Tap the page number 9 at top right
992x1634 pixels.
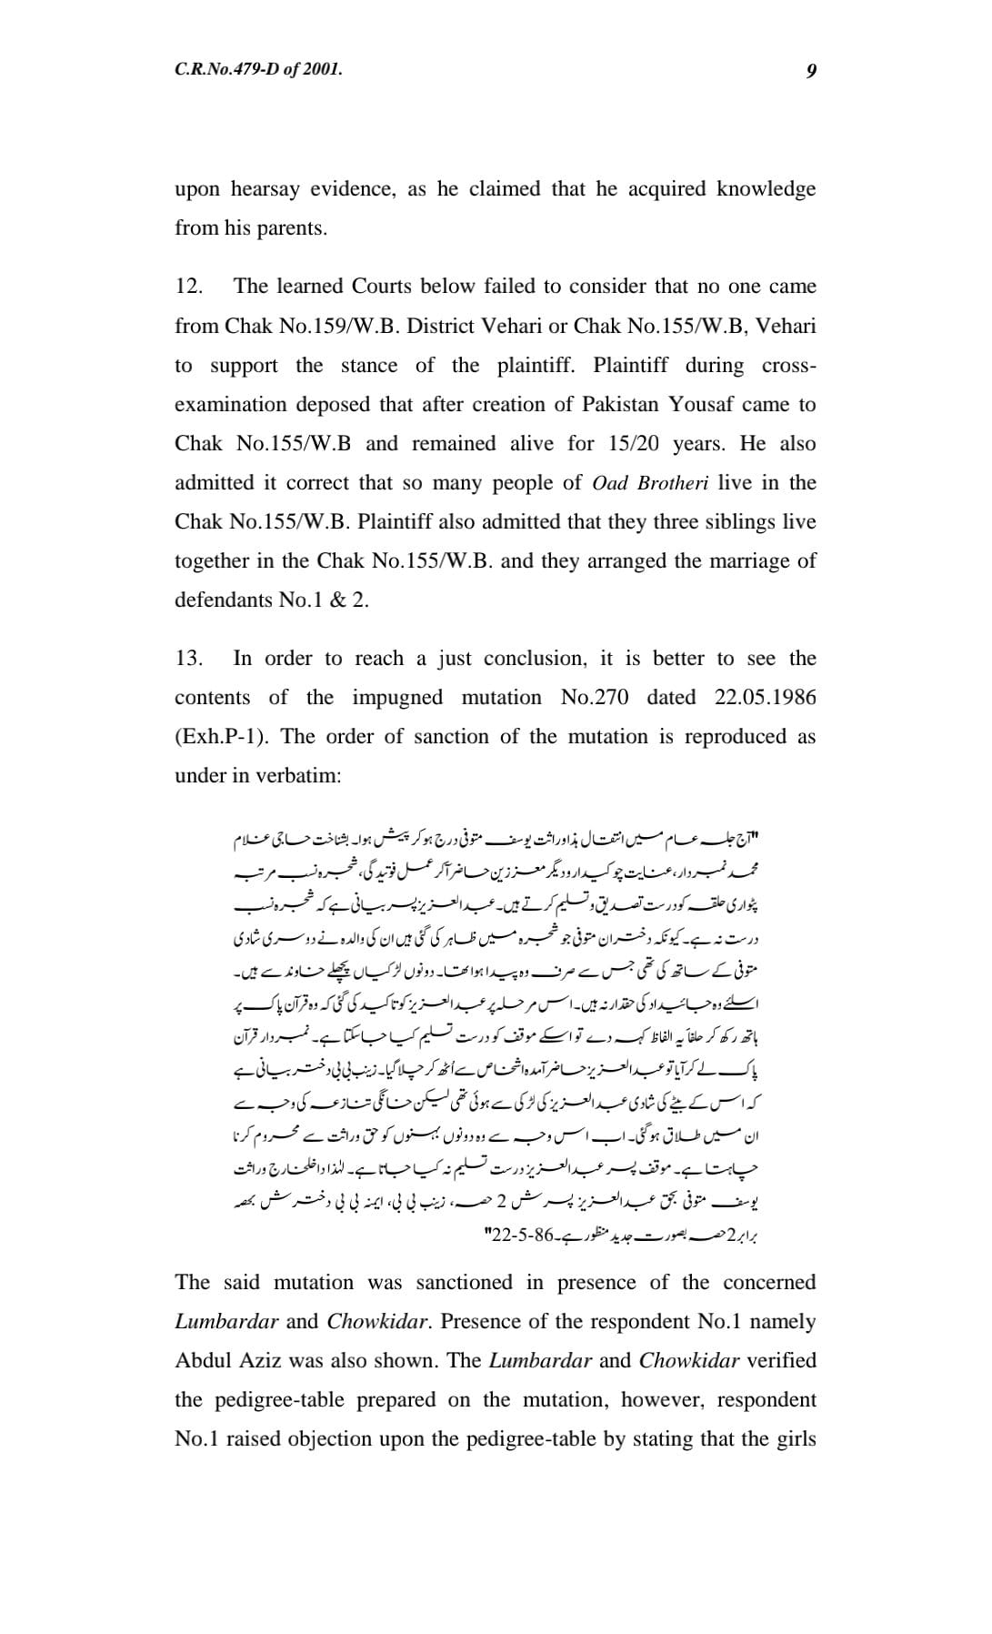(x=810, y=70)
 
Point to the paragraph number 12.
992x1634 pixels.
(x=188, y=287)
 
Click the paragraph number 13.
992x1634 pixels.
(x=188, y=659)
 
